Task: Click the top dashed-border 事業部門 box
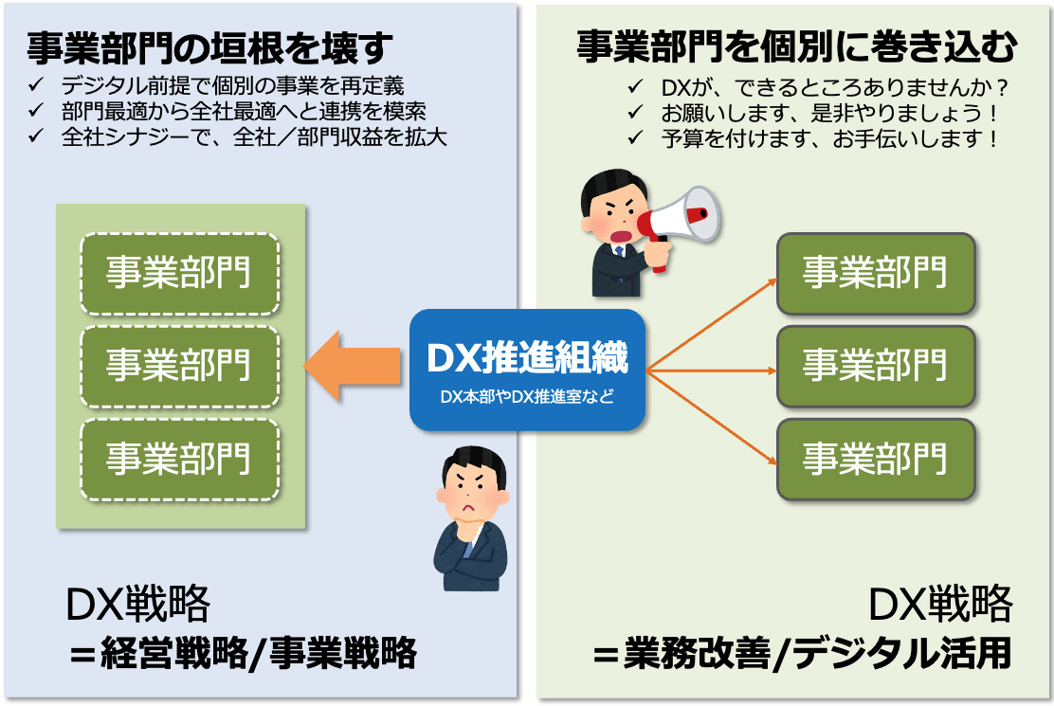click(179, 273)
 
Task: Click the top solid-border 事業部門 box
click(876, 273)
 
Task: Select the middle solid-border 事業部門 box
click(876, 366)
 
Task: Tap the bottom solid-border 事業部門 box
click(876, 459)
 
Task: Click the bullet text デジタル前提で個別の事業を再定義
click(232, 86)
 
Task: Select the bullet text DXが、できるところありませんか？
click(834, 87)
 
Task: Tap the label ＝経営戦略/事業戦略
click(244, 654)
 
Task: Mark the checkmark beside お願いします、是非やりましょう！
click(634, 114)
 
